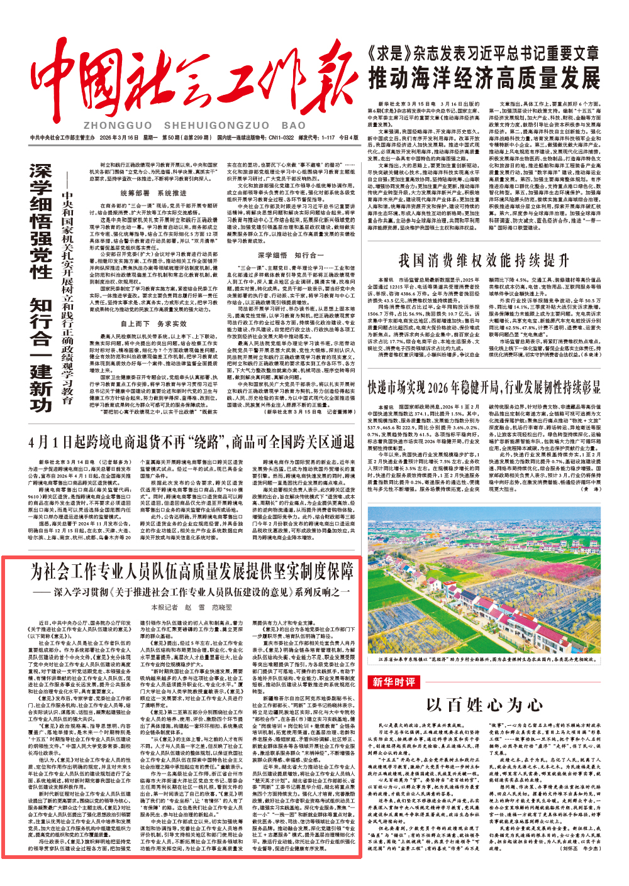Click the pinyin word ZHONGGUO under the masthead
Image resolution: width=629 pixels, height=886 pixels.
tap(117, 126)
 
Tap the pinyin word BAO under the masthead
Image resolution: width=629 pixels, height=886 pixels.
tap(293, 126)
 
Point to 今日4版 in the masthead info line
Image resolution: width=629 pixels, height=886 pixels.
tap(348, 138)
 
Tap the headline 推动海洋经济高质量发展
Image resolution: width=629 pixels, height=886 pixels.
tap(484, 79)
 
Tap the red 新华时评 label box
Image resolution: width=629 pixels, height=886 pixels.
tap(394, 682)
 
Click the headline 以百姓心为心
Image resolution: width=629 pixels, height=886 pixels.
tap(483, 704)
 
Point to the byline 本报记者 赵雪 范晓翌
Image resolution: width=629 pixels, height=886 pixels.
tap(191, 607)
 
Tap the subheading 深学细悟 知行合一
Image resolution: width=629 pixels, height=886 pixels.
tap(291, 255)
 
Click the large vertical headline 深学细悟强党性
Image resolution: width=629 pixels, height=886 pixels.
tap(42, 220)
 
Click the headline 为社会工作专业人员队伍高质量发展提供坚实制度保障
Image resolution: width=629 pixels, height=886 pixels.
tap(192, 572)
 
